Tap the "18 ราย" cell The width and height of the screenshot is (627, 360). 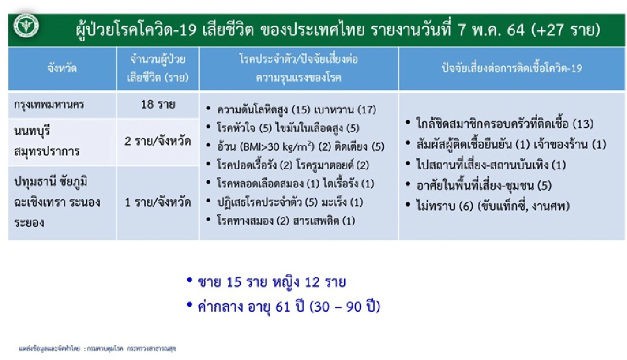pyautogui.click(x=158, y=104)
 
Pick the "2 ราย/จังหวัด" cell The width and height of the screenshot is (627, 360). pyautogui.click(x=158, y=141)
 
